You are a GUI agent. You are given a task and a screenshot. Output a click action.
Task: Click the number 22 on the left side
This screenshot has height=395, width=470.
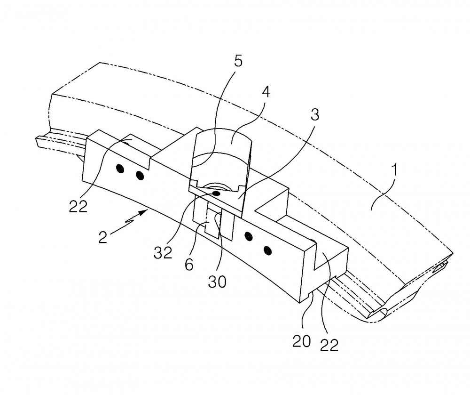(x=78, y=206)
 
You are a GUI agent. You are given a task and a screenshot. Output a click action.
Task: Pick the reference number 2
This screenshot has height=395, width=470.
(x=103, y=237)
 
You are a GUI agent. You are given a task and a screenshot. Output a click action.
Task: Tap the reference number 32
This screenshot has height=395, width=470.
(x=163, y=252)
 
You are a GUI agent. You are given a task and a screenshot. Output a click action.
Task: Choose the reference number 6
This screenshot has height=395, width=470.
(x=189, y=264)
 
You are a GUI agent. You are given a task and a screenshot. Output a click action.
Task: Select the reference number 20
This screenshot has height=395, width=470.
(x=302, y=341)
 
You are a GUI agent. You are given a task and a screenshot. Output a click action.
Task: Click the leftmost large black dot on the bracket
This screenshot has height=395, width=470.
(x=120, y=169)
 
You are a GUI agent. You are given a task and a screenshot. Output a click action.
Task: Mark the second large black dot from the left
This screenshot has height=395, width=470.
(x=140, y=175)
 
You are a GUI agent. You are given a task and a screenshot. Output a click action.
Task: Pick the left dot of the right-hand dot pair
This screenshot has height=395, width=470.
(x=249, y=236)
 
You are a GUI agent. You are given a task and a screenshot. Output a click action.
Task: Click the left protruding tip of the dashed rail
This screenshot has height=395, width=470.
(x=38, y=141)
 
